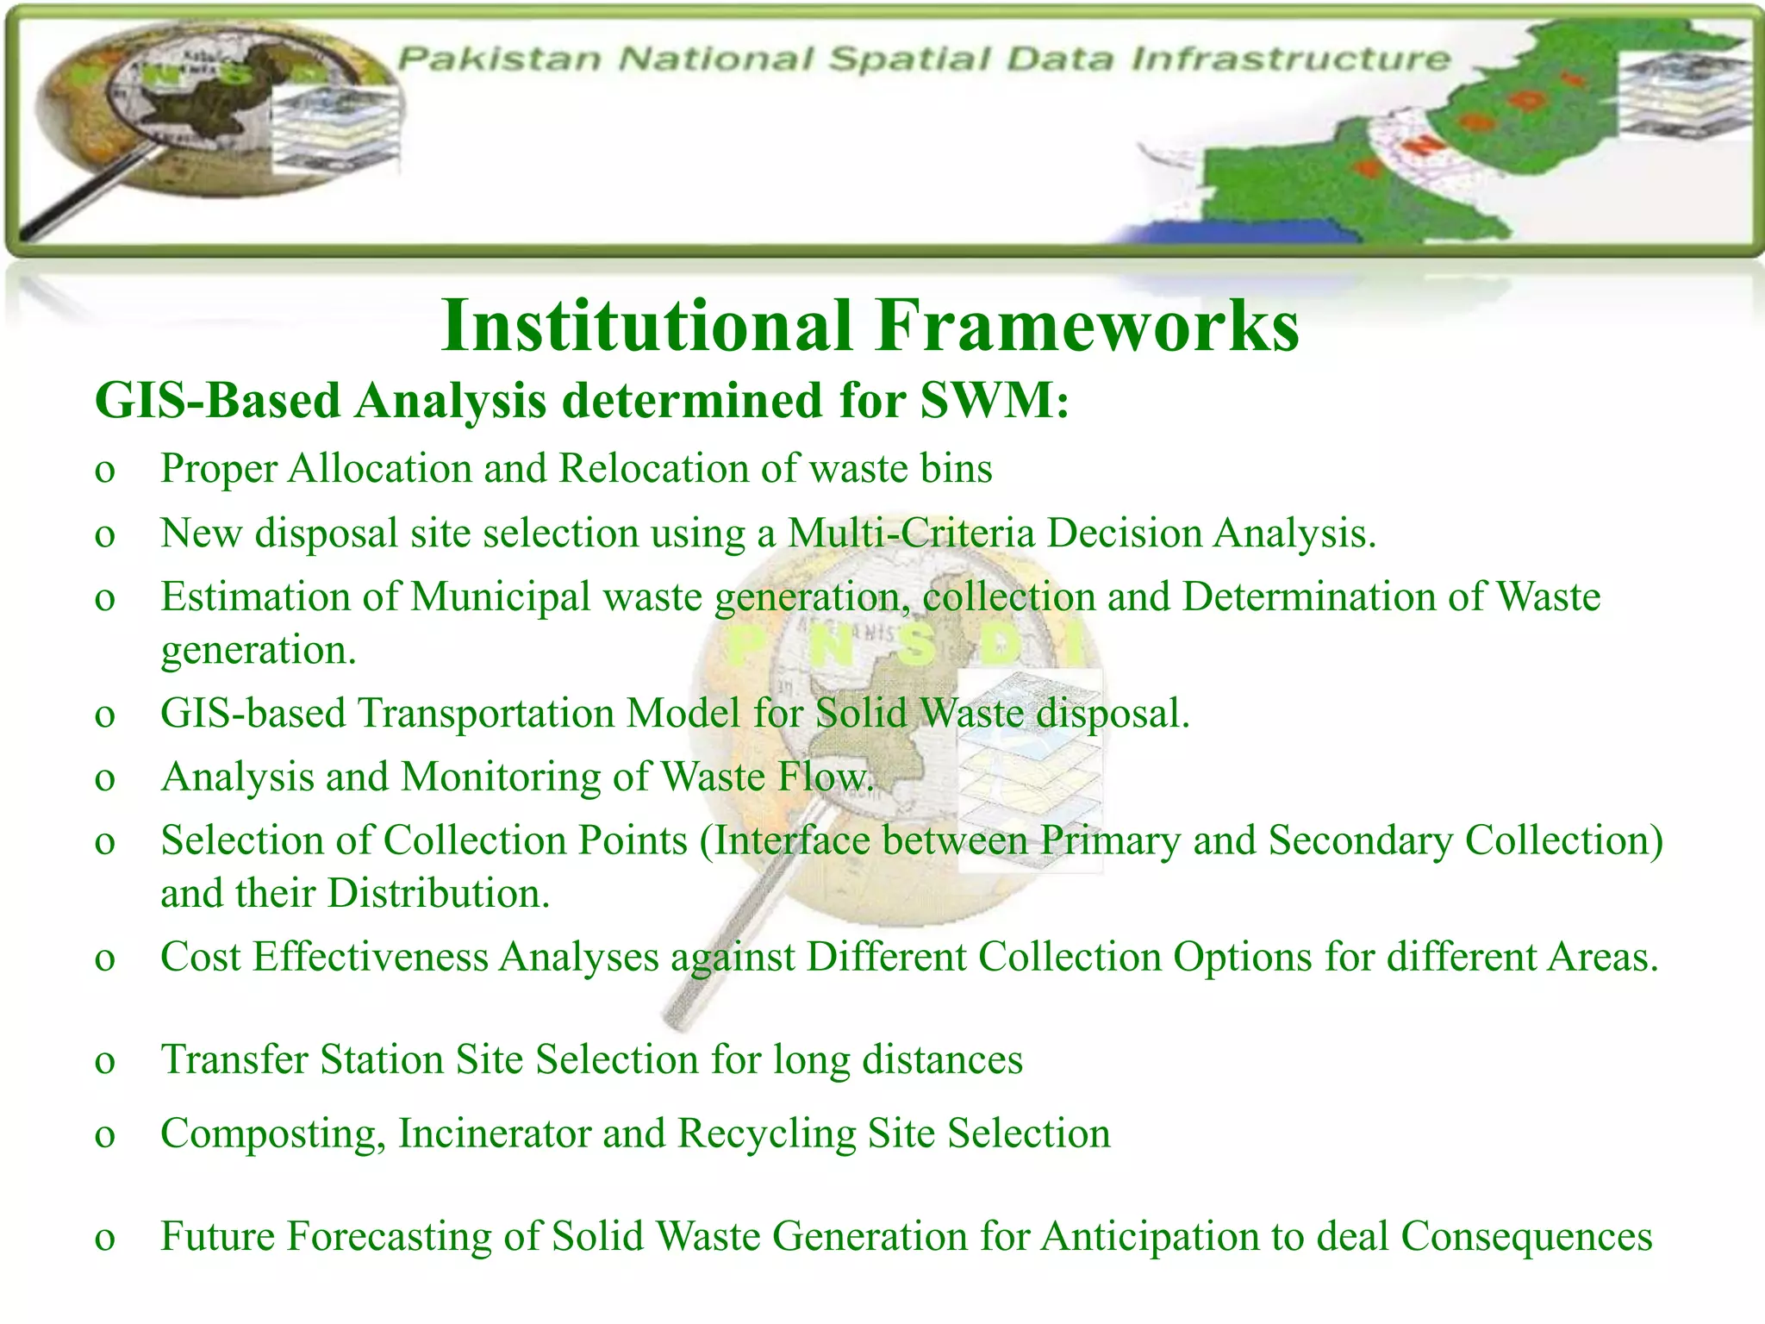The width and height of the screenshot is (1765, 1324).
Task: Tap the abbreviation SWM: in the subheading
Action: (995, 401)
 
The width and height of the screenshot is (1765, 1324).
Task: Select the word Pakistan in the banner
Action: (500, 59)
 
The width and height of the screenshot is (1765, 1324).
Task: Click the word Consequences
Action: (1525, 1236)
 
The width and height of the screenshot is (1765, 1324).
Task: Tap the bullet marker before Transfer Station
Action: (105, 1061)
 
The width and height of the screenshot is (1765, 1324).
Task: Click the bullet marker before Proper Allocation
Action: (105, 471)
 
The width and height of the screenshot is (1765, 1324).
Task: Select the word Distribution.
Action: (438, 893)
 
